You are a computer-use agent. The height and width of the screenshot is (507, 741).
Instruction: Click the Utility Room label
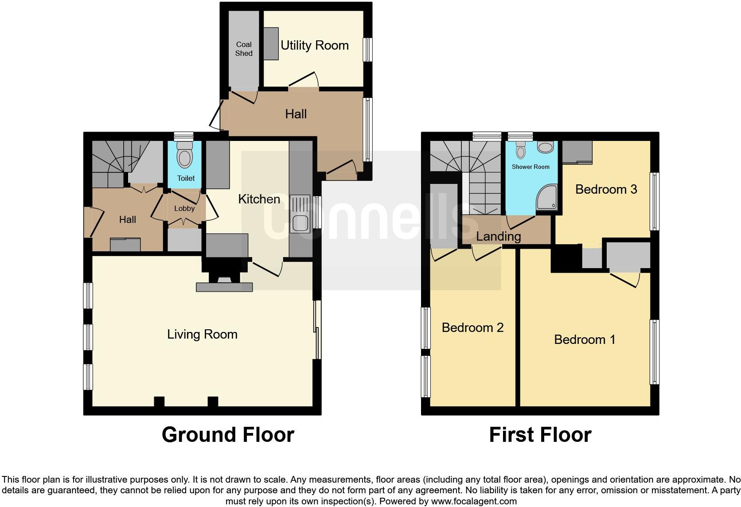(x=314, y=45)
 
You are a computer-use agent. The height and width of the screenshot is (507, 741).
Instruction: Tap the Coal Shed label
(x=244, y=49)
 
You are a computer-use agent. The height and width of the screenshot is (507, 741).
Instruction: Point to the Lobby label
(x=184, y=208)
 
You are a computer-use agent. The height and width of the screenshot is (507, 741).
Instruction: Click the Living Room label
(x=202, y=334)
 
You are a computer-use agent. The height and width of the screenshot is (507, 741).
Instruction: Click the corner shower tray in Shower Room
(x=546, y=198)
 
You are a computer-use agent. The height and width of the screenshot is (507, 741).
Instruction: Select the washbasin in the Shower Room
(x=546, y=147)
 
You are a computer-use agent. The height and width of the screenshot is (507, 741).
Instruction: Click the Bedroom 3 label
(x=606, y=189)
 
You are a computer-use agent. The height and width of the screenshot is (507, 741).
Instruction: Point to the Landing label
(x=498, y=236)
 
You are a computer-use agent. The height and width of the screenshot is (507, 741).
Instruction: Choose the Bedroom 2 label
(x=472, y=328)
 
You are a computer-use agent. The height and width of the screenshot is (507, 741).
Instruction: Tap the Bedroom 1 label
(x=585, y=339)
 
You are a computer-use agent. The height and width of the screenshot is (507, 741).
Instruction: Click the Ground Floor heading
(x=228, y=435)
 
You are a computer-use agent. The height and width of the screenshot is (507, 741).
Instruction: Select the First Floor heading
(x=540, y=435)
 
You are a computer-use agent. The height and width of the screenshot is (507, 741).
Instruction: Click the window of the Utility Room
(x=367, y=49)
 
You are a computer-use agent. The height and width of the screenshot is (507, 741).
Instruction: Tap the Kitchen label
(x=259, y=199)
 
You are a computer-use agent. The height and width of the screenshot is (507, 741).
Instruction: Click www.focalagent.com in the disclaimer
(x=474, y=502)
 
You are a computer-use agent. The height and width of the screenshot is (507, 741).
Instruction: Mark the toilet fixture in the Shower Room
(x=521, y=151)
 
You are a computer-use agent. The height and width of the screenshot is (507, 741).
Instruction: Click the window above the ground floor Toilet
(x=183, y=136)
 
